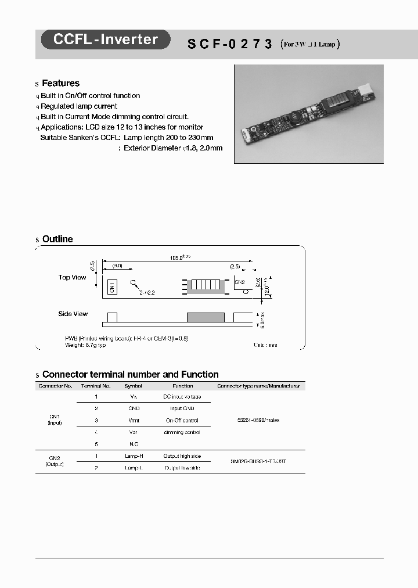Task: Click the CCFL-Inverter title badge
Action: [x=105, y=40]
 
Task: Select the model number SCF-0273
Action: [x=229, y=44]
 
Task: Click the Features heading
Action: [x=60, y=84]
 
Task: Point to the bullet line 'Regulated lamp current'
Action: [x=78, y=106]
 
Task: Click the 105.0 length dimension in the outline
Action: [x=179, y=257]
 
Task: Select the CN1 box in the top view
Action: [x=113, y=286]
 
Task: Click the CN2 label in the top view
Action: [x=239, y=282]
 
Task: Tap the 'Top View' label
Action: [x=72, y=278]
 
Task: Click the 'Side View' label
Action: [x=73, y=314]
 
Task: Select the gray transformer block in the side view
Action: [x=206, y=317]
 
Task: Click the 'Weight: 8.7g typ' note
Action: [x=85, y=345]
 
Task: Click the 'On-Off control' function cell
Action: [x=182, y=420]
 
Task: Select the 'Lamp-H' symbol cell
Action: [x=134, y=456]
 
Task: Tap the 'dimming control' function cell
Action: [x=182, y=432]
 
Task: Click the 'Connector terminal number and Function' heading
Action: [x=130, y=375]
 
